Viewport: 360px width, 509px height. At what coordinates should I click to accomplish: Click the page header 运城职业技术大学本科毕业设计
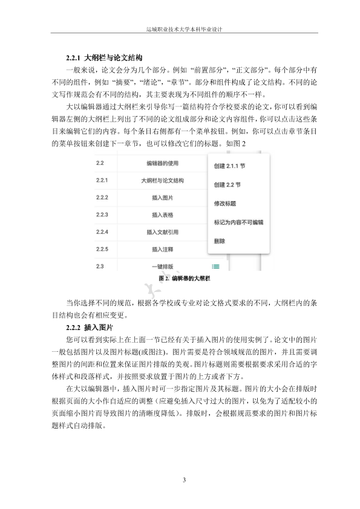point(180,28)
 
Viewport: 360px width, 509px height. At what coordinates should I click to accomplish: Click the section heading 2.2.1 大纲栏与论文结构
point(104,59)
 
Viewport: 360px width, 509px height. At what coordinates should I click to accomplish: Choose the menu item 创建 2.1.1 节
point(229,165)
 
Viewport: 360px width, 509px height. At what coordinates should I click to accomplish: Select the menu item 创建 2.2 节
point(227,184)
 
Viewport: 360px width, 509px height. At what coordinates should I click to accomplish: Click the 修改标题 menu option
point(224,203)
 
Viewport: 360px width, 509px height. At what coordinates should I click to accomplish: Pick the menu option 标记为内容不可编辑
point(238,222)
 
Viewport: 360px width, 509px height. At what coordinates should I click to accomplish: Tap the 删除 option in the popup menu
point(220,241)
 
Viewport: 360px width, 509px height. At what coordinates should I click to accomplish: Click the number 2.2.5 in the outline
point(102,248)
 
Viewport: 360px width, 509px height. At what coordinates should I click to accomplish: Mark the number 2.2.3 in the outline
point(102,215)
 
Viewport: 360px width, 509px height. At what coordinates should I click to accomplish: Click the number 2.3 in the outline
point(100,266)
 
